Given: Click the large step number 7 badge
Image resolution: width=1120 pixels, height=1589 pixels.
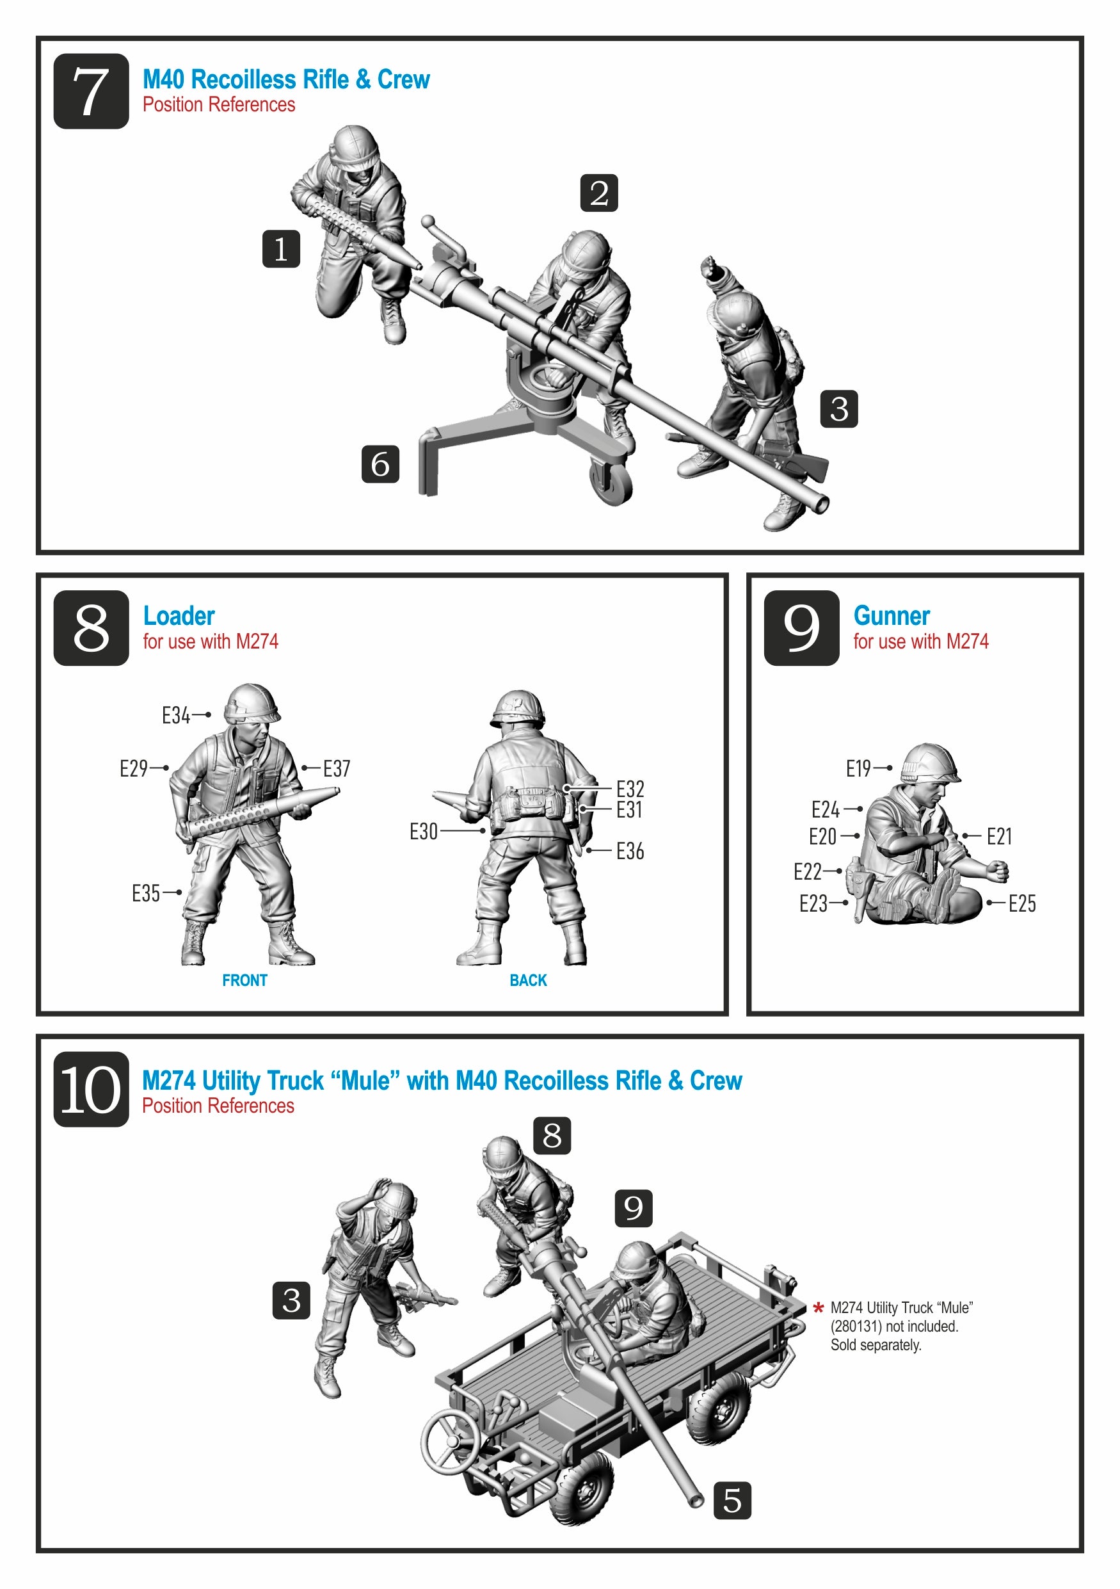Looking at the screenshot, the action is pos(92,92).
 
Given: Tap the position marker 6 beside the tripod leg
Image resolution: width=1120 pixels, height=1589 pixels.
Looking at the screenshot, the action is pos(381,464).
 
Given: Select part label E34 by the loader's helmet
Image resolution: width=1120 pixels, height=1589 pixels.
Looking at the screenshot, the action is pos(176,715).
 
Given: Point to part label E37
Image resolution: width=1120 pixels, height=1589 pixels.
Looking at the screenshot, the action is pos(337,768).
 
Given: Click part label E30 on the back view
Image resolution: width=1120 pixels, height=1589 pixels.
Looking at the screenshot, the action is pos(424,831).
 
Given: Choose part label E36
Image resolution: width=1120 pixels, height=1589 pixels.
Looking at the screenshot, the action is pos(630,851).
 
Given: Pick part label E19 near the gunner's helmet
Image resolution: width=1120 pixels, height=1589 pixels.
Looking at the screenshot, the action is pos(858,768).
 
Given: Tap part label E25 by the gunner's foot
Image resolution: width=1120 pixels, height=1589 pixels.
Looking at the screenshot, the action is pos(1022,903).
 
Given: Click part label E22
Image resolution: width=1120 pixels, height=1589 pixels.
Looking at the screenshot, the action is pos(807,871).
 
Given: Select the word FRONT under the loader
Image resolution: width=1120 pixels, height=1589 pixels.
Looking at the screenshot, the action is pos(244,980).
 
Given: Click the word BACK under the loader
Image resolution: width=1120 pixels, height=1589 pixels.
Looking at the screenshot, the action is pos(528,980).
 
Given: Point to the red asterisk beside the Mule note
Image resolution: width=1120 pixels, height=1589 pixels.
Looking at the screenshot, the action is pos(819,1307).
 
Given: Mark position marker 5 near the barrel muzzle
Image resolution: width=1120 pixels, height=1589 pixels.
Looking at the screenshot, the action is pos(733,1501).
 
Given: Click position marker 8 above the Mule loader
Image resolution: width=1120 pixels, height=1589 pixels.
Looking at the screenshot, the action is pos(552,1135).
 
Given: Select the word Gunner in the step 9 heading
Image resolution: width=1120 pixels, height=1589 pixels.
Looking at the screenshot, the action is pos(891,616).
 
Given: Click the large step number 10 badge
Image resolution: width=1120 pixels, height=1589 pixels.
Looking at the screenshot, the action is pos(92,1090).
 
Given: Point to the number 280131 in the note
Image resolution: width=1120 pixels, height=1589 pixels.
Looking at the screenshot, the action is pos(857,1326).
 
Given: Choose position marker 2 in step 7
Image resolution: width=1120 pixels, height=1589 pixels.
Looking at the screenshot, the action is pos(599,193).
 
